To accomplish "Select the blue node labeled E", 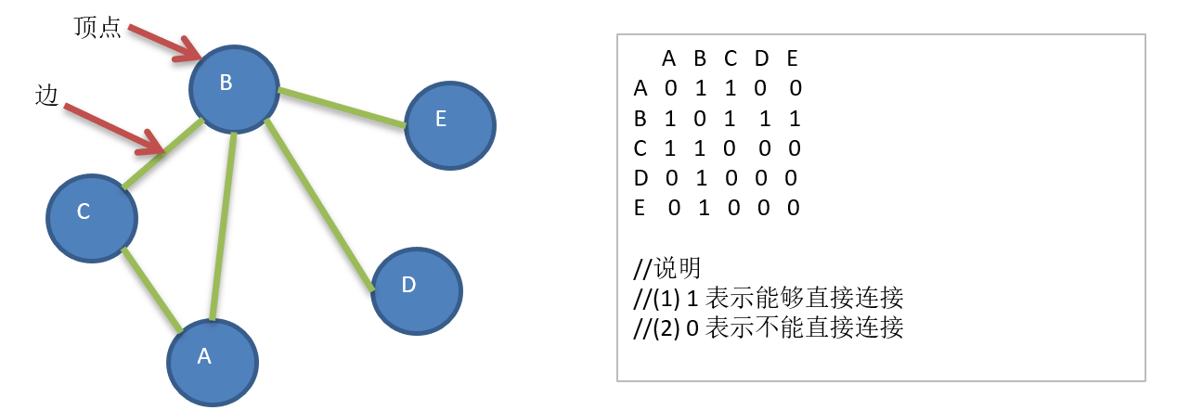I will coord(450,124).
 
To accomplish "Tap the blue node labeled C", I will coord(91,216).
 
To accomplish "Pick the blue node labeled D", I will coord(417,290).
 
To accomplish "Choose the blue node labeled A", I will coord(212,362).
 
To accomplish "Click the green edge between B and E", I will coord(342,107).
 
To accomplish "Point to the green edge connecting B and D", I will coord(320,205).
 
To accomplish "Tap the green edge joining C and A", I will coord(151,288).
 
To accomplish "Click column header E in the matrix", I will coord(792,59).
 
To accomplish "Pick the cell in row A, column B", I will coord(701,89).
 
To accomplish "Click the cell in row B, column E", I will coord(795,119).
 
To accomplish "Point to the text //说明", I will coord(666,268).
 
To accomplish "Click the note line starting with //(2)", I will coord(768,327).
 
